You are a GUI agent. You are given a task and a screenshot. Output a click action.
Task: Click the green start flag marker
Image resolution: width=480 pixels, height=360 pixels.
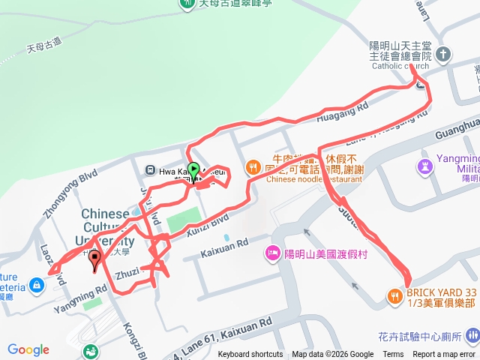click(193, 169)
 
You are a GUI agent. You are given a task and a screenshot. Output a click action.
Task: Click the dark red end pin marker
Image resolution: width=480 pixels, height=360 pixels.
click(94, 261)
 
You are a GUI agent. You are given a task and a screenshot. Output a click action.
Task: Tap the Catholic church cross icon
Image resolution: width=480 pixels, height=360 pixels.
click(443, 54)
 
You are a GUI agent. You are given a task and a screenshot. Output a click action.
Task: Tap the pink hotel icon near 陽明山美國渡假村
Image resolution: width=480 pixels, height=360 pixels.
click(271, 254)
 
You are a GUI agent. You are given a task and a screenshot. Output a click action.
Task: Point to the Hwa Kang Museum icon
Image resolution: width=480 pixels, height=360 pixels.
click(151, 170)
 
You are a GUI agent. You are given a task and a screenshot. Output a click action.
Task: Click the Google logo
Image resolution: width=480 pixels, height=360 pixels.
click(28, 349)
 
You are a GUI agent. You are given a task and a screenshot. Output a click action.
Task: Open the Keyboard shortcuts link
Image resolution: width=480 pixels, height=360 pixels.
click(250, 355)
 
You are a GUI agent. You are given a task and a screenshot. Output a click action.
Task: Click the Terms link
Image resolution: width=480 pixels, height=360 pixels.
click(393, 355)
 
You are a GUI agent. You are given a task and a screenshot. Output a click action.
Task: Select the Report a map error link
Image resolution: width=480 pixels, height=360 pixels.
click(444, 355)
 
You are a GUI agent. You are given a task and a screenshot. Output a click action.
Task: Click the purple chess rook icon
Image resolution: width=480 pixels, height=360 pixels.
click(426, 164)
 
